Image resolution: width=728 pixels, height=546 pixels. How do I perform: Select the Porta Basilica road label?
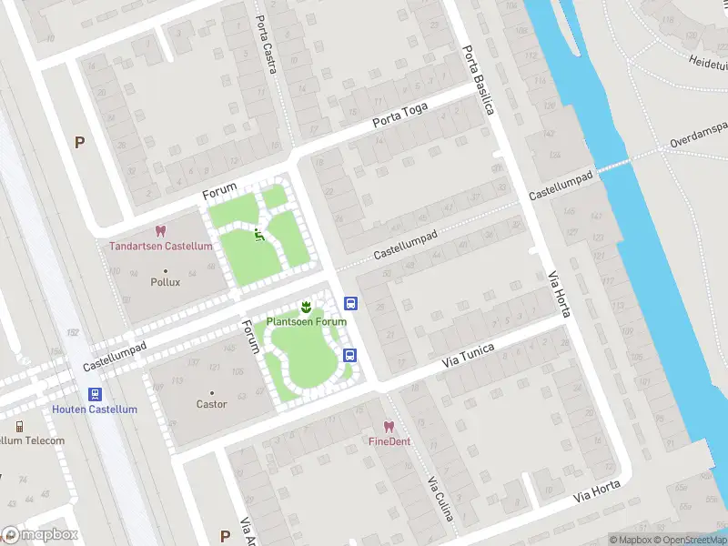[478, 80]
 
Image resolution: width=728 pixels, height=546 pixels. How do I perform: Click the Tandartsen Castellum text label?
[161, 247]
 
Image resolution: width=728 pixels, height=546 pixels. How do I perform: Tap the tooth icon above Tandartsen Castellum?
[161, 232]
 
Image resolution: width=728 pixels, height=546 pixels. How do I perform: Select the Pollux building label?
[165, 282]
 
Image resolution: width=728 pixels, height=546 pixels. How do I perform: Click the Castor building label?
[211, 404]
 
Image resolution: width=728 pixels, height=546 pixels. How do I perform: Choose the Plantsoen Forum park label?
[307, 322]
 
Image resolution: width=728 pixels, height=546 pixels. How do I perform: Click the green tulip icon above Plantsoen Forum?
[307, 307]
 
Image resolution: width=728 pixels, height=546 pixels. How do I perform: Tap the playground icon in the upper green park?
[258, 235]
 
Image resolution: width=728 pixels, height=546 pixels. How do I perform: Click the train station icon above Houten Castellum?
[95, 394]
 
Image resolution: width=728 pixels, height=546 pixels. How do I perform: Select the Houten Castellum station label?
[95, 409]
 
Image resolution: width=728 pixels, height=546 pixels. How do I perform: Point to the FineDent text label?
[389, 441]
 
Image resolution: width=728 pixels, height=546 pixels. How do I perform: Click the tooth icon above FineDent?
[389, 426]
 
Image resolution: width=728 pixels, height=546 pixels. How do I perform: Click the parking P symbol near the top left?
[79, 142]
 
